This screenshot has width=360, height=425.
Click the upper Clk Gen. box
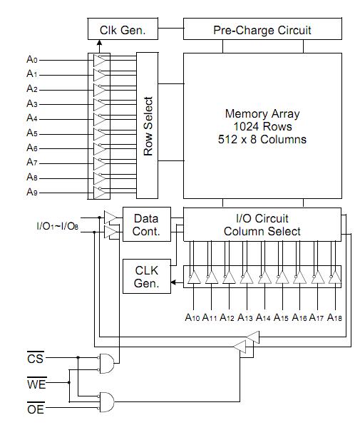123,29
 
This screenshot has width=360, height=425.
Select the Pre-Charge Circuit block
262,29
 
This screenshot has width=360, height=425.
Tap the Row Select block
147,126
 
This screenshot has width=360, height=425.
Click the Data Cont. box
147,225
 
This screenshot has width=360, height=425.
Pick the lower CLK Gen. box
147,277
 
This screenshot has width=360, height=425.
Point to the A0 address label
32,59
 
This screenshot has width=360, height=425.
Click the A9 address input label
32,192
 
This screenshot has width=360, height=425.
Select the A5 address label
32,133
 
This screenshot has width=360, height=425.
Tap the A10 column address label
192,317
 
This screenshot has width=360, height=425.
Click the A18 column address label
334,317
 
